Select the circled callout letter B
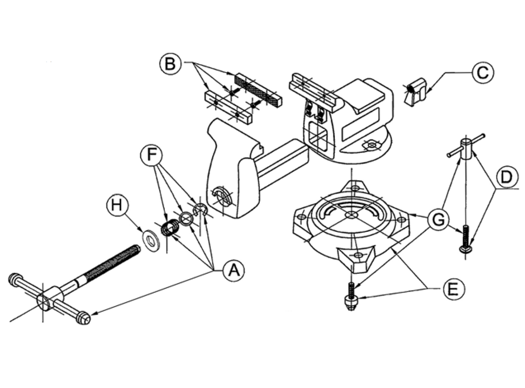coord(170,64)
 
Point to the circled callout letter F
coord(152,156)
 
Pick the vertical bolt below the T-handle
coord(466,239)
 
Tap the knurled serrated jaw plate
coord(258,88)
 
